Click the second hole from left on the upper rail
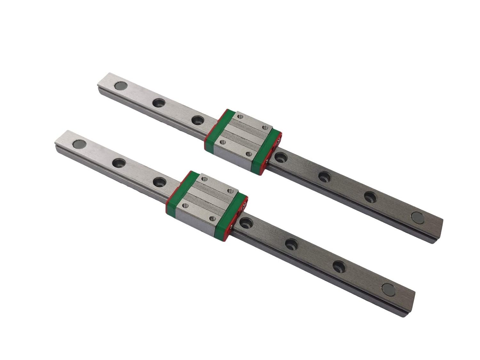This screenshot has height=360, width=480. [158, 103]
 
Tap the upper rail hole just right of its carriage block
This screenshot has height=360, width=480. [281, 157]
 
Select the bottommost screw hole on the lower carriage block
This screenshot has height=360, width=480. [212, 218]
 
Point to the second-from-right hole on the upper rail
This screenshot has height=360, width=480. [370, 196]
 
